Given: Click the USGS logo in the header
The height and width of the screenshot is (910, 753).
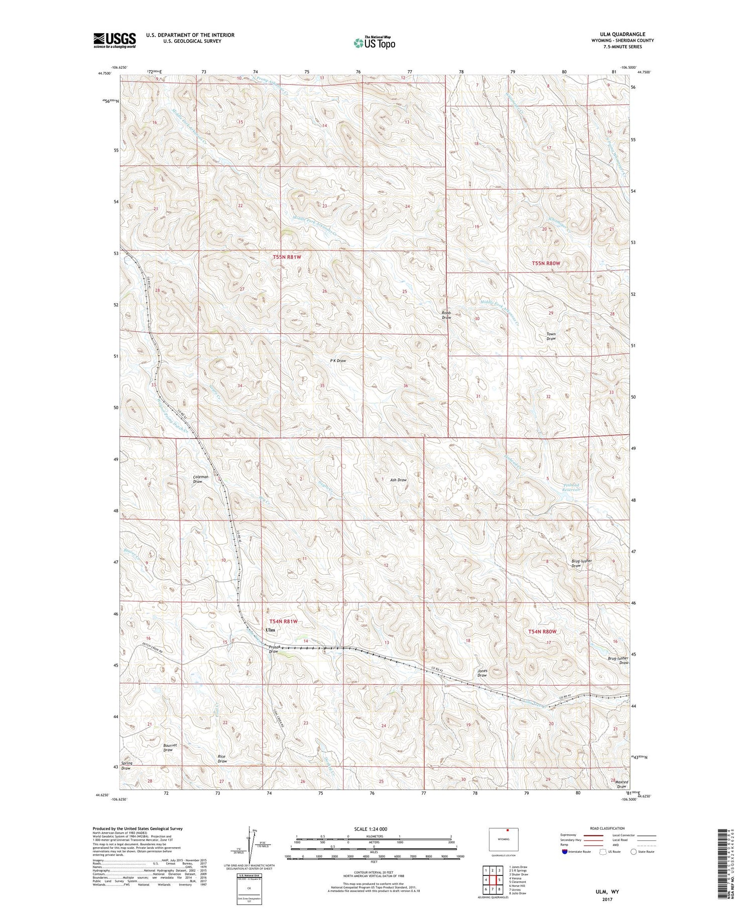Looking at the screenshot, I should click(x=114, y=40).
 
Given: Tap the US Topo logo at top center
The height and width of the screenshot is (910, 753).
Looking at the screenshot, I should click(x=374, y=43).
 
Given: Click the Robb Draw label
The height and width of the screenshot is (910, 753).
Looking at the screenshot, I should click(x=446, y=315).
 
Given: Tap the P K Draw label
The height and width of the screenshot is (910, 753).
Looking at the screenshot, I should click(x=338, y=360).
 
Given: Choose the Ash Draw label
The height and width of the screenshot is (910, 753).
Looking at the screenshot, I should click(x=398, y=480).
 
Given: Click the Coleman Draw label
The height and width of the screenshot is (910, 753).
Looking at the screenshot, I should click(x=200, y=479).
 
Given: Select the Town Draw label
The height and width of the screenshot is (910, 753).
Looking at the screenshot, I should click(x=551, y=336).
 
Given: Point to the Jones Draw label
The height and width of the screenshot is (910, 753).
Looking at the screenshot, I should click(x=482, y=673).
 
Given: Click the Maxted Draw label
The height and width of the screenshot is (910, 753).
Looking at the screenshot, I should click(x=621, y=784).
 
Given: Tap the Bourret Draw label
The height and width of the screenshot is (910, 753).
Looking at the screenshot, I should click(x=169, y=747).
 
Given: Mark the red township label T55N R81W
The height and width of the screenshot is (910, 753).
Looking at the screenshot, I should click(x=287, y=257).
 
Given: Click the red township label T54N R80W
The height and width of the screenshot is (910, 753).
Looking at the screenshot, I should click(x=542, y=631).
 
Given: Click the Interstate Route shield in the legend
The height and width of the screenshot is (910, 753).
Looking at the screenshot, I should click(x=566, y=852).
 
